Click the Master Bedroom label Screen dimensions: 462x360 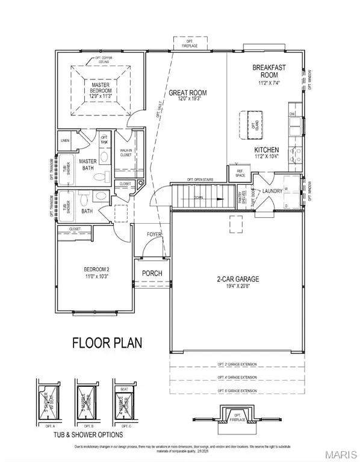tap(101, 90)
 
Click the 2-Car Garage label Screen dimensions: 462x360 tap(237, 280)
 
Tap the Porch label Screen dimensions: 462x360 tap(152, 273)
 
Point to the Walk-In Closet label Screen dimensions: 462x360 tap(126, 152)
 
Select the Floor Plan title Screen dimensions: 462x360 tap(107, 343)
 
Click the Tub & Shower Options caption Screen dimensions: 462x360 tap(88, 434)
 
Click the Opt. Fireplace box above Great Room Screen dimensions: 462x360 tap(188, 43)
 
